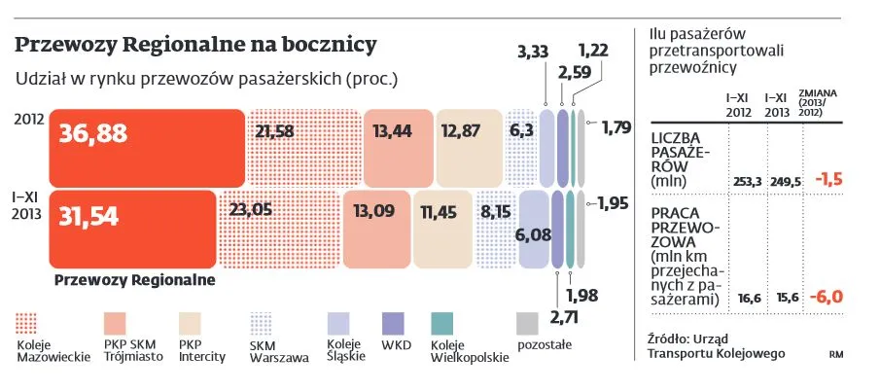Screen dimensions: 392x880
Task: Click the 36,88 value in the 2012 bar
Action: click(93, 134)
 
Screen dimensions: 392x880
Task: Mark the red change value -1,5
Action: click(828, 180)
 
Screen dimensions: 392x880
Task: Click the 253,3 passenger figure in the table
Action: click(745, 182)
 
